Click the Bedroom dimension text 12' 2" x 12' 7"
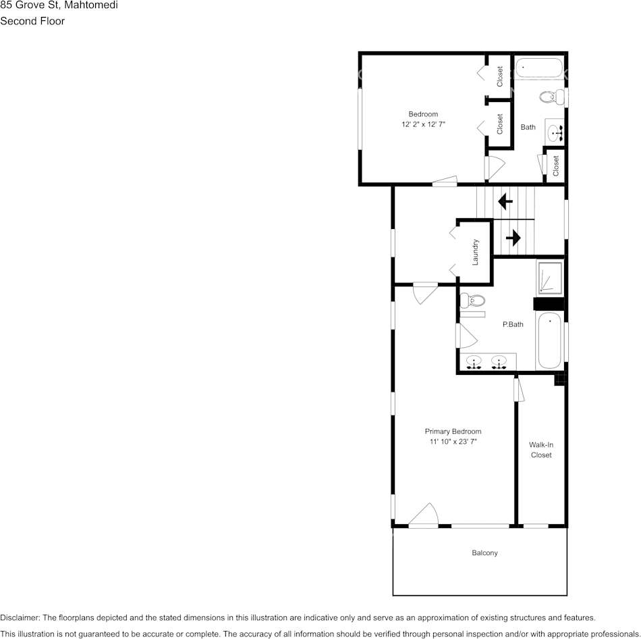tap(423, 124)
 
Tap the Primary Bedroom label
tap(453, 432)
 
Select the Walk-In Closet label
tap(541, 450)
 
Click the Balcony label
tap(484, 553)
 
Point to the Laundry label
tap(476, 251)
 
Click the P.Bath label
tap(513, 325)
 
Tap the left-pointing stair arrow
tap(505, 201)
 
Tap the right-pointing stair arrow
tap(513, 238)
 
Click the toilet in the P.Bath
tap(473, 301)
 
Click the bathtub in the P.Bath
tap(550, 340)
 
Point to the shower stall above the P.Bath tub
tap(549, 278)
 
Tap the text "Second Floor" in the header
tap(32, 21)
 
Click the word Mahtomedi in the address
tap(91, 5)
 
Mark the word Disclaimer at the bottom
tap(20, 617)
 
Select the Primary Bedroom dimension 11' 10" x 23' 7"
tap(453, 442)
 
